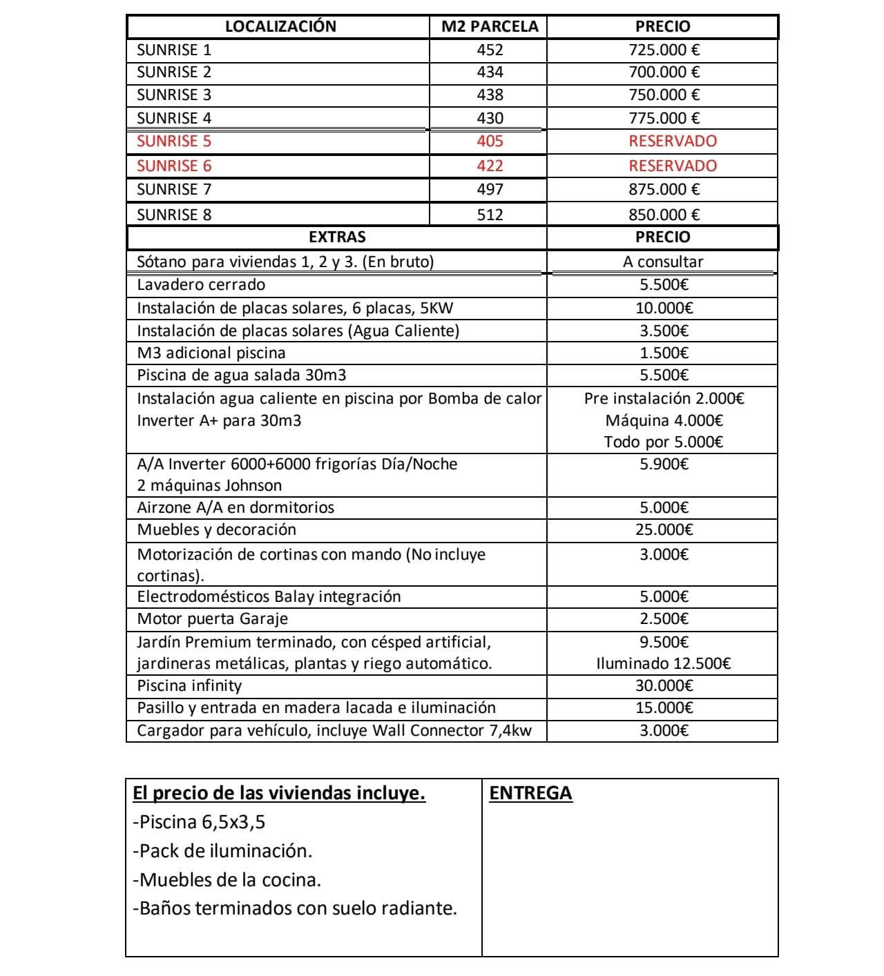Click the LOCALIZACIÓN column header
[x=280, y=27]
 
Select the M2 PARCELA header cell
[x=489, y=27]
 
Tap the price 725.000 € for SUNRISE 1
[x=664, y=50]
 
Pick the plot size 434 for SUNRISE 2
[x=490, y=72]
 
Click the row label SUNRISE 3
[x=174, y=95]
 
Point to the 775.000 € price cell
[x=664, y=118]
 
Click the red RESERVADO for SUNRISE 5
[x=672, y=141]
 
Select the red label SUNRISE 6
[x=174, y=166]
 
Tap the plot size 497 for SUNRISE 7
[x=490, y=189]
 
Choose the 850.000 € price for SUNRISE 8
[x=664, y=215]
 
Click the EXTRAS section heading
[x=337, y=237]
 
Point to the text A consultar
[x=662, y=262]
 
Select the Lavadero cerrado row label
[x=201, y=284]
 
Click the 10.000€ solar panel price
[x=664, y=308]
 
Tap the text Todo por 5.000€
[x=663, y=442]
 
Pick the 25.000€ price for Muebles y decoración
[x=664, y=529]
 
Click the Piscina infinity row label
[x=189, y=685]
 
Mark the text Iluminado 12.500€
[x=663, y=663]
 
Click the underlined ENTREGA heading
[x=530, y=793]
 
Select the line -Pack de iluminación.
[x=222, y=850]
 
